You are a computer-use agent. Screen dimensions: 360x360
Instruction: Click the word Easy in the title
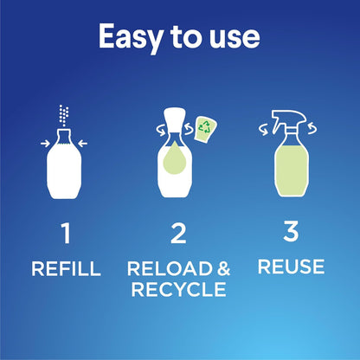[x=127, y=37]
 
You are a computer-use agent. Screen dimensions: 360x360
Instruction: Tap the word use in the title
[x=234, y=37]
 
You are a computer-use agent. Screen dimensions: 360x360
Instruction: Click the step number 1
[x=66, y=235]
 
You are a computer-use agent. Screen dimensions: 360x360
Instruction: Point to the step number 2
[x=178, y=235]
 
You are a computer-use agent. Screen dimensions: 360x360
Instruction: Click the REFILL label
[x=66, y=269]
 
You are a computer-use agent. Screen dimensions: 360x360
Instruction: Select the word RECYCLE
[x=179, y=289]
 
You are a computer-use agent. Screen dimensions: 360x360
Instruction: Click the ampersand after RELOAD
[x=223, y=269]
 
